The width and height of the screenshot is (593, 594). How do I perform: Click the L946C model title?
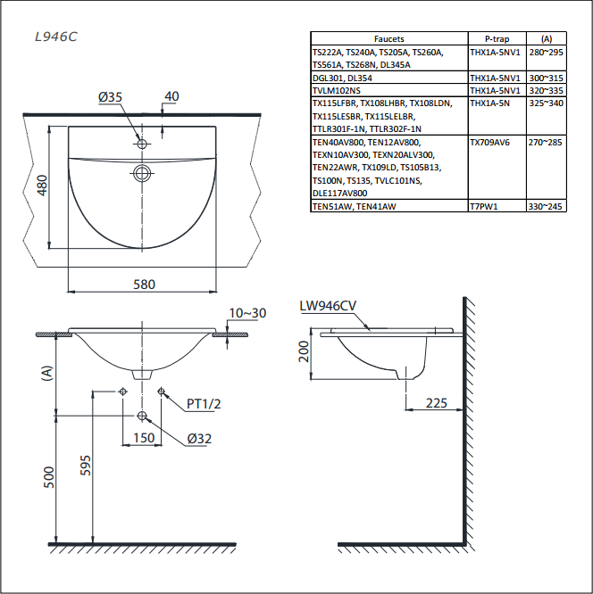point(56,37)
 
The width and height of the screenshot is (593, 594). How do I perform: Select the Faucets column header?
point(388,38)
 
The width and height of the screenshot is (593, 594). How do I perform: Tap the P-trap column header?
point(497,38)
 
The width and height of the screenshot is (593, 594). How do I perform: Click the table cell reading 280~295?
point(547,53)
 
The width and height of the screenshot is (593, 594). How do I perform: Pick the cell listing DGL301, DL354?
point(342,78)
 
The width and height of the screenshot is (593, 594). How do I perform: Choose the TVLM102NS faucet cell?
point(337,91)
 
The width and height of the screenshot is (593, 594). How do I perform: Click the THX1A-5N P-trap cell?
point(489,103)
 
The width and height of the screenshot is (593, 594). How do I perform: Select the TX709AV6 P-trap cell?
point(489,143)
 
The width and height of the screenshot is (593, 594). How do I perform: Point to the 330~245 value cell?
point(546,206)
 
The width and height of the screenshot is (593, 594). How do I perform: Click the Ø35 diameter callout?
point(110,97)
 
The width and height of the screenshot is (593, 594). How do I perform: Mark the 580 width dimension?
point(144,285)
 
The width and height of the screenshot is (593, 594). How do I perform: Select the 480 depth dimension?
point(42,186)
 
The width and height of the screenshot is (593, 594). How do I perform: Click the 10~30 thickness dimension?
point(247,313)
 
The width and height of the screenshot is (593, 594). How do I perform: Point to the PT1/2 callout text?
point(204,404)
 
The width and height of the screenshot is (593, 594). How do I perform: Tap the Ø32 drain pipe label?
point(199,438)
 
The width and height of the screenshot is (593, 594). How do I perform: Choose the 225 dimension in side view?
point(437,403)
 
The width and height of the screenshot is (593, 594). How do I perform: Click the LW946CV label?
point(328,306)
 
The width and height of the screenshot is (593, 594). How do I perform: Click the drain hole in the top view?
point(142,174)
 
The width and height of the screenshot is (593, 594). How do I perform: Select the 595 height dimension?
point(86,466)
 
